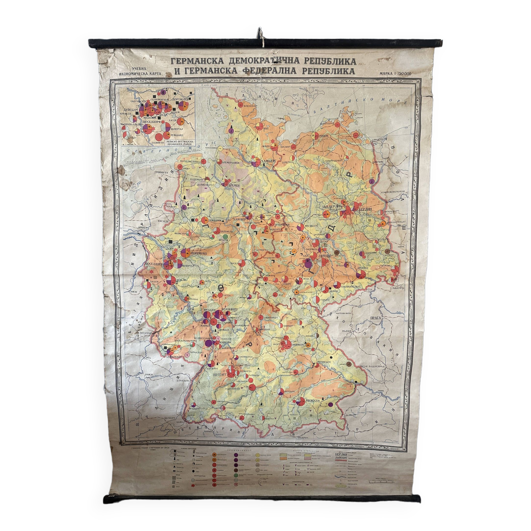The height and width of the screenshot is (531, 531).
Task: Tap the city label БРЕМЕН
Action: click(233, 185)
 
